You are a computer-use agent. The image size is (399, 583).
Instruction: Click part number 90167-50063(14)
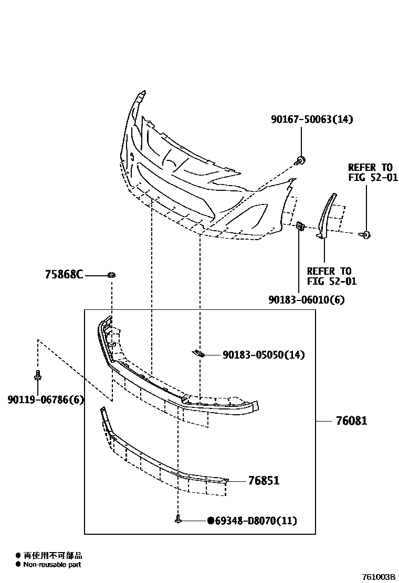(x=312, y=120)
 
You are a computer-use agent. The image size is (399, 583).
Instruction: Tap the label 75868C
(x=64, y=274)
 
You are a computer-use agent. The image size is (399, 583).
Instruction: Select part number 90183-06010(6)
(x=306, y=300)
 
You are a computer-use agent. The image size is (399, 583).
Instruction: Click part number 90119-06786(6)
(x=45, y=400)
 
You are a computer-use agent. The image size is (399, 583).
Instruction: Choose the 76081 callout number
(x=351, y=421)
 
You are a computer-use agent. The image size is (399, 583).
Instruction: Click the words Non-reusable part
(x=52, y=565)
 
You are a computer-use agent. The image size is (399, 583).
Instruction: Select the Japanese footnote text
(x=52, y=555)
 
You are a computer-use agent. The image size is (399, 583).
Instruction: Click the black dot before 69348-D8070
(x=211, y=521)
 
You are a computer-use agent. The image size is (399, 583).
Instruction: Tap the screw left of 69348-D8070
(x=178, y=520)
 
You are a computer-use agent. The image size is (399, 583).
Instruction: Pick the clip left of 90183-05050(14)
(x=197, y=353)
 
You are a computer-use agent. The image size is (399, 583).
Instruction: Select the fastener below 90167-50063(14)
(x=301, y=159)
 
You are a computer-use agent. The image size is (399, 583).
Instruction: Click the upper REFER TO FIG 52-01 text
(x=373, y=172)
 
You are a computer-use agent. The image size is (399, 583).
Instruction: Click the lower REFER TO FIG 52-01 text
(x=331, y=276)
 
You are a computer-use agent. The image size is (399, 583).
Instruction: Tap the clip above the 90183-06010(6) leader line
(x=300, y=226)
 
